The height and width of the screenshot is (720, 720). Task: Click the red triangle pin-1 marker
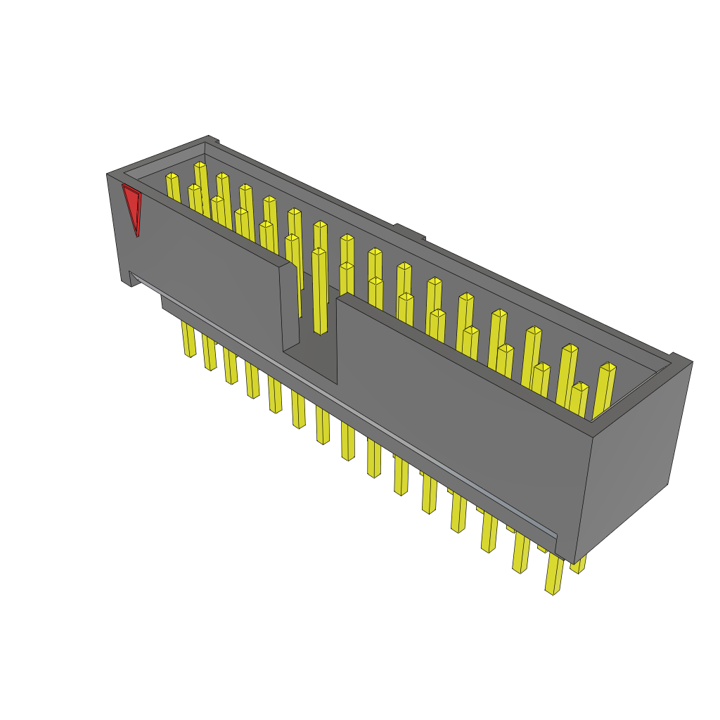pos(131,205)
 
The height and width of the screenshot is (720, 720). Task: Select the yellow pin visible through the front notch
pos(319,292)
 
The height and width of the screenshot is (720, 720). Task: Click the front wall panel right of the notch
pos(457,408)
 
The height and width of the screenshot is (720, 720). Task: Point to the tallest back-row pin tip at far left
pos(200,165)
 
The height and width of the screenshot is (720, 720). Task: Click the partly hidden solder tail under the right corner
pos(579,565)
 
